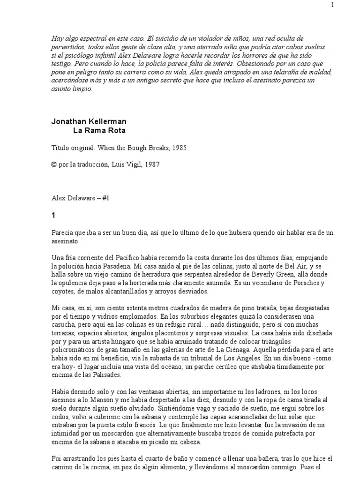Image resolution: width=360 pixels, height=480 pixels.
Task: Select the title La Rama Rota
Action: click(x=99, y=130)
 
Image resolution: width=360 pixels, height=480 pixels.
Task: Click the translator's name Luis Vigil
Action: click(x=138, y=164)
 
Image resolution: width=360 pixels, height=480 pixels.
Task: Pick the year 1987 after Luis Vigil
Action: click(x=162, y=164)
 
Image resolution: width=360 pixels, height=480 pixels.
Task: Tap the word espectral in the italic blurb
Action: click(x=90, y=38)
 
